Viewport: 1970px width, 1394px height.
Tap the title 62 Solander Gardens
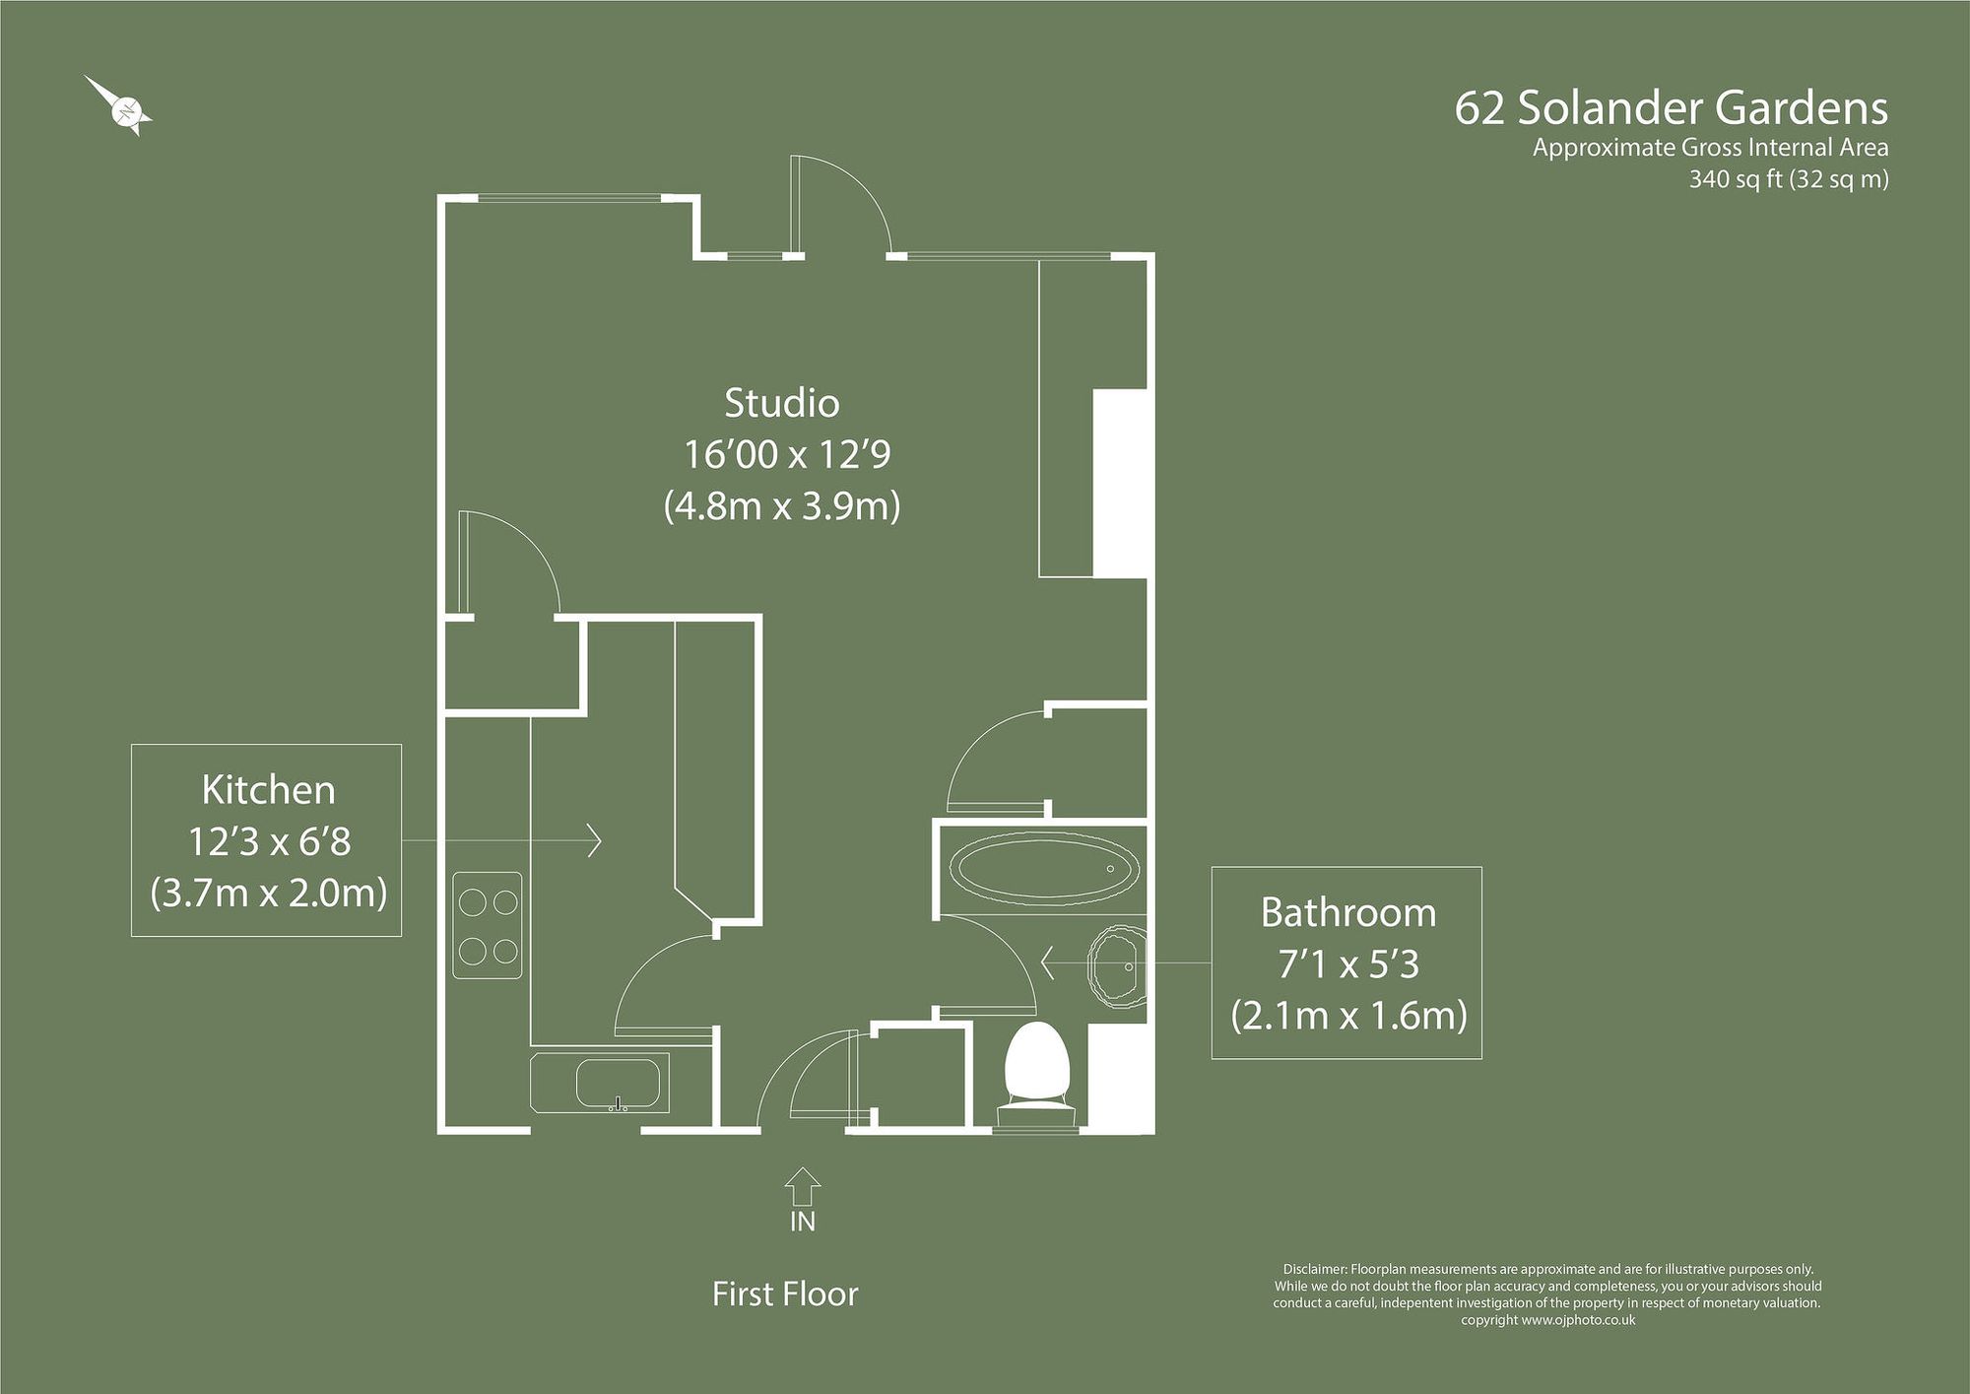click(1671, 109)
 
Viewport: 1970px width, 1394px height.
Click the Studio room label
click(782, 403)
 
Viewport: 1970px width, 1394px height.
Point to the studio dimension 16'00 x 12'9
click(787, 455)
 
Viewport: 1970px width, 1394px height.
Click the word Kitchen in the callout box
click(268, 790)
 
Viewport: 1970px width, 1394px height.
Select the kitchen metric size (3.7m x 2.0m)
click(268, 893)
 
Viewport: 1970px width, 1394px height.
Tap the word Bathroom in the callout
click(1347, 913)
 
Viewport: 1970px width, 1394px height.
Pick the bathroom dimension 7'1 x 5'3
click(1347, 964)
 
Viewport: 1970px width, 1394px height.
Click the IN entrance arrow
click(803, 1186)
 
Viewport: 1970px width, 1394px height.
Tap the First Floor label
click(785, 1294)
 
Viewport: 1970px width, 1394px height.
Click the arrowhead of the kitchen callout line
click(595, 840)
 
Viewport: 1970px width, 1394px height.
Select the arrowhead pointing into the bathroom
click(1048, 963)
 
